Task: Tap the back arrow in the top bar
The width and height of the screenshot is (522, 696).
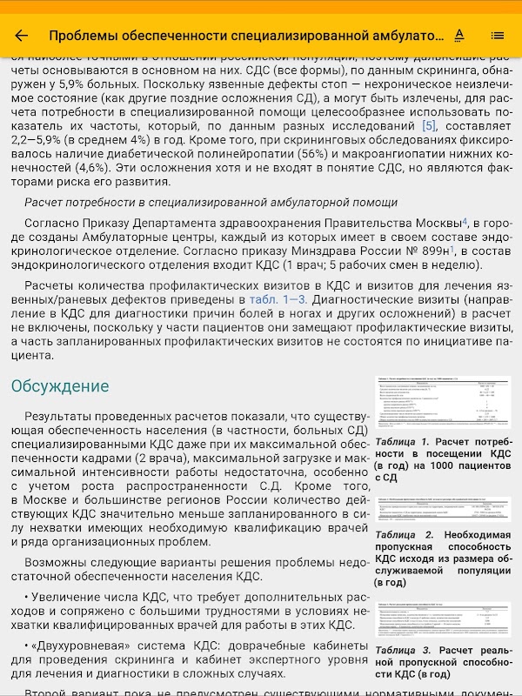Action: (22, 36)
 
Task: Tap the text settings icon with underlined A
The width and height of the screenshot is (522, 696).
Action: (459, 36)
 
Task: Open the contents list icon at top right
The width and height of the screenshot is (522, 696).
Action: (498, 36)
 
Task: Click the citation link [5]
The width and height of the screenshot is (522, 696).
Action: (428, 125)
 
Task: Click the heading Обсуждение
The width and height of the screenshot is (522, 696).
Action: (60, 385)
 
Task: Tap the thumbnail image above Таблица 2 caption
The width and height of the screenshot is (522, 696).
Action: (443, 508)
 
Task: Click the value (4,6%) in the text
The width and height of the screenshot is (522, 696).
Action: (77, 167)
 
